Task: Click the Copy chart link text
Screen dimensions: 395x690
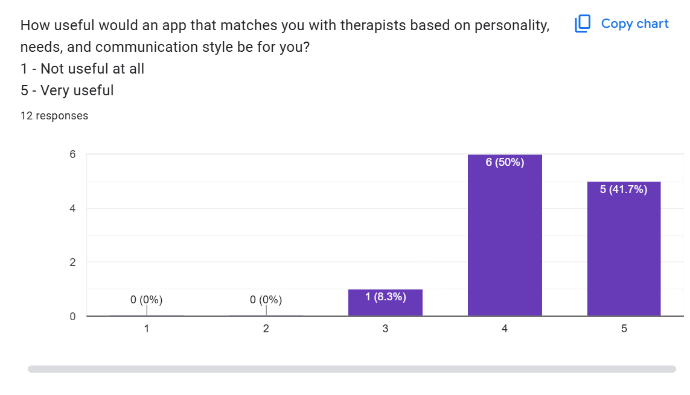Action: pyautogui.click(x=634, y=24)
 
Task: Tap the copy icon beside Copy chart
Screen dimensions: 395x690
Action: pyautogui.click(x=583, y=24)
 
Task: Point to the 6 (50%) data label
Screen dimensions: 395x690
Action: pyautogui.click(x=505, y=162)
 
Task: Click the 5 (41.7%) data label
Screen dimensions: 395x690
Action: pyautogui.click(x=624, y=189)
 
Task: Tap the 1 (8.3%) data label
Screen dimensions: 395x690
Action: pyautogui.click(x=385, y=297)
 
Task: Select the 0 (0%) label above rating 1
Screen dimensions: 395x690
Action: pyautogui.click(x=147, y=300)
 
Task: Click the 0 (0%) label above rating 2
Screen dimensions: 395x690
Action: pyautogui.click(x=266, y=300)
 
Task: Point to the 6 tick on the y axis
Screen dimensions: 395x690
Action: pyautogui.click(x=72, y=154)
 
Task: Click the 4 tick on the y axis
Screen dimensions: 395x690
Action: pyautogui.click(x=72, y=209)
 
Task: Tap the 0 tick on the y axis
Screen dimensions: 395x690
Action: pyautogui.click(x=72, y=316)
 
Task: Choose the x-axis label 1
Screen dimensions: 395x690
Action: pyautogui.click(x=147, y=329)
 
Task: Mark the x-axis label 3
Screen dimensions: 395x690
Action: pyautogui.click(x=385, y=329)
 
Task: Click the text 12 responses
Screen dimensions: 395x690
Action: pyautogui.click(x=54, y=116)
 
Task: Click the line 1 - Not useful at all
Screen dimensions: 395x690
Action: pyautogui.click(x=83, y=69)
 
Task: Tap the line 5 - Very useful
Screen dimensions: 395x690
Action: pyautogui.click(x=67, y=90)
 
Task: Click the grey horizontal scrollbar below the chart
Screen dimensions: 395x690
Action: pyautogui.click(x=351, y=368)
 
